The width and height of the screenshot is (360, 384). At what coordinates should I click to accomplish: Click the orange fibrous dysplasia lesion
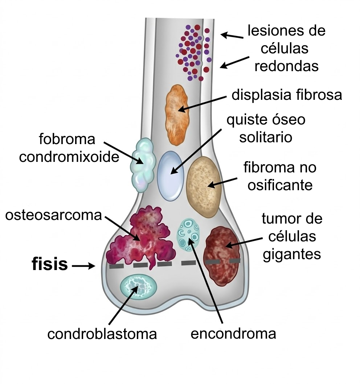[177, 114]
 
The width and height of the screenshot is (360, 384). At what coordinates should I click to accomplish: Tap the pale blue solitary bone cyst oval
[170, 176]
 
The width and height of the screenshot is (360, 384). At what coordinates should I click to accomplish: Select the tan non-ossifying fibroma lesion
[204, 187]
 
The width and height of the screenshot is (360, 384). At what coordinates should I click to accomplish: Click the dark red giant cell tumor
[222, 256]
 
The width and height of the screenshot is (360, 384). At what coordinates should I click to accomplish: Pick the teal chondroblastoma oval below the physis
[138, 286]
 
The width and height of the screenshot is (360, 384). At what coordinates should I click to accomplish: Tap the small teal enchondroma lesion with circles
[189, 235]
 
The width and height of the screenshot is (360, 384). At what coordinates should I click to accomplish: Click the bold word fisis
[50, 265]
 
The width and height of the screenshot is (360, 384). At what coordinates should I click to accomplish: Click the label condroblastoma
[102, 334]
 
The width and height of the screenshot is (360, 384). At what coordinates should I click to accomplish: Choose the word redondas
[287, 66]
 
